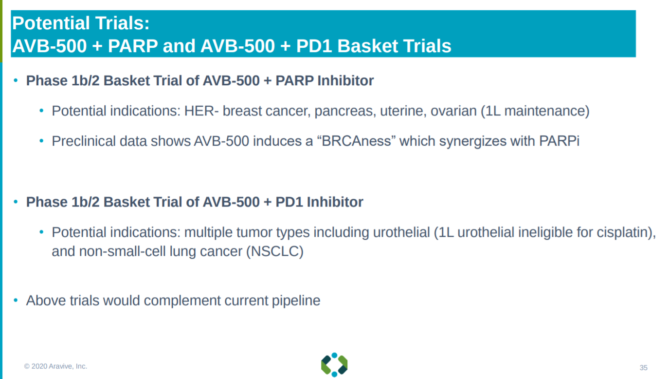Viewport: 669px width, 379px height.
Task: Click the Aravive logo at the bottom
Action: click(x=334, y=365)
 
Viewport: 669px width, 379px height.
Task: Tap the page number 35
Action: click(x=643, y=368)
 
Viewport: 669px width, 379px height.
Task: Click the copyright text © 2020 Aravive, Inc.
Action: click(x=55, y=366)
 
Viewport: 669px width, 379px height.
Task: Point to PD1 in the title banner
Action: click(x=314, y=46)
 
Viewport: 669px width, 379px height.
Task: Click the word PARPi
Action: click(x=559, y=141)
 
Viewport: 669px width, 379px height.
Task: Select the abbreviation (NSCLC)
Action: click(x=275, y=251)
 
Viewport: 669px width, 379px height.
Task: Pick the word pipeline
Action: click(x=296, y=301)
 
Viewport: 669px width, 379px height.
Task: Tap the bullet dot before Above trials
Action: click(x=16, y=300)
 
